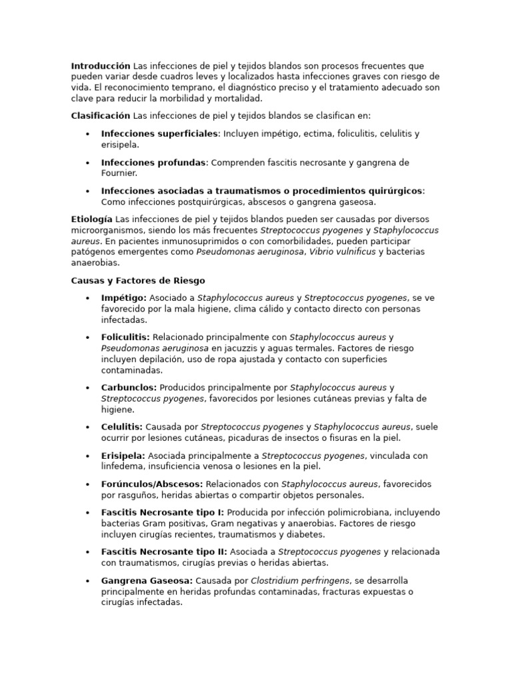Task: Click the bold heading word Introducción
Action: click(101, 66)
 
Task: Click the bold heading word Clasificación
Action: click(101, 116)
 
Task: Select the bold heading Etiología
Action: click(91, 219)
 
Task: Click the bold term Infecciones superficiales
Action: click(159, 134)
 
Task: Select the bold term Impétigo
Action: click(124, 298)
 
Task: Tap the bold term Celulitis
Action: click(121, 427)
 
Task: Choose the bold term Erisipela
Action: click(123, 456)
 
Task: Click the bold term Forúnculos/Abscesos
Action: click(152, 484)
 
